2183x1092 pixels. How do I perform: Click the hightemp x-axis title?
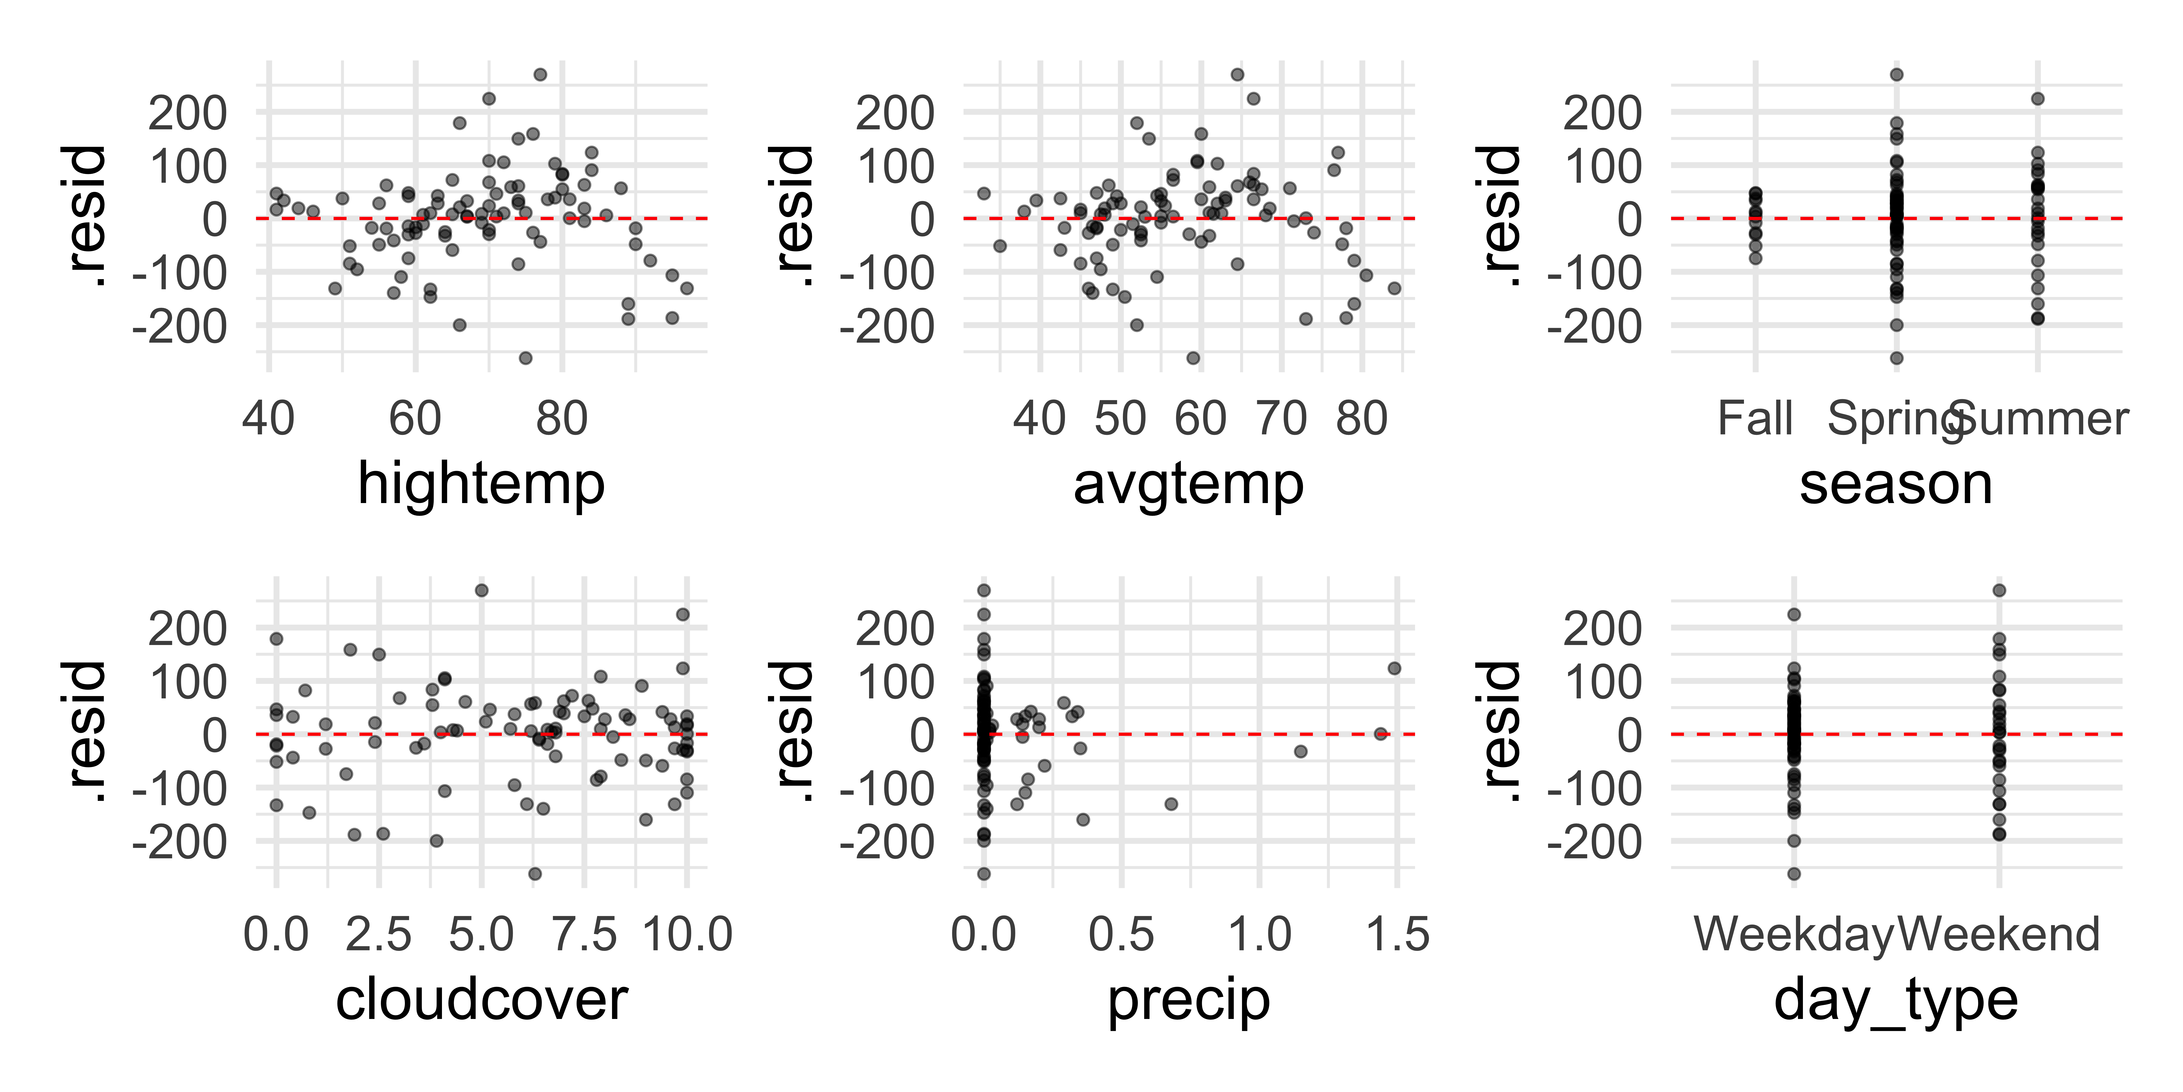(481, 485)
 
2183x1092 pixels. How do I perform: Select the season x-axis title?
(1896, 485)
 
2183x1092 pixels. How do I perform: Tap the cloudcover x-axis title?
(481, 1001)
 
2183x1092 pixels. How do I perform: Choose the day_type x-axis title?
(1896, 1001)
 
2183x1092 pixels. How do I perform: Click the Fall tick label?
(1755, 419)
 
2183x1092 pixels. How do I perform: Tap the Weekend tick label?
(1999, 934)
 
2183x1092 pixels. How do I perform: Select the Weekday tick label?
(1793, 934)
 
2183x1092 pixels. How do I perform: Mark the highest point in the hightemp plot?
(540, 74)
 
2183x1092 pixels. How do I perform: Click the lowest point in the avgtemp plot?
(1193, 358)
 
